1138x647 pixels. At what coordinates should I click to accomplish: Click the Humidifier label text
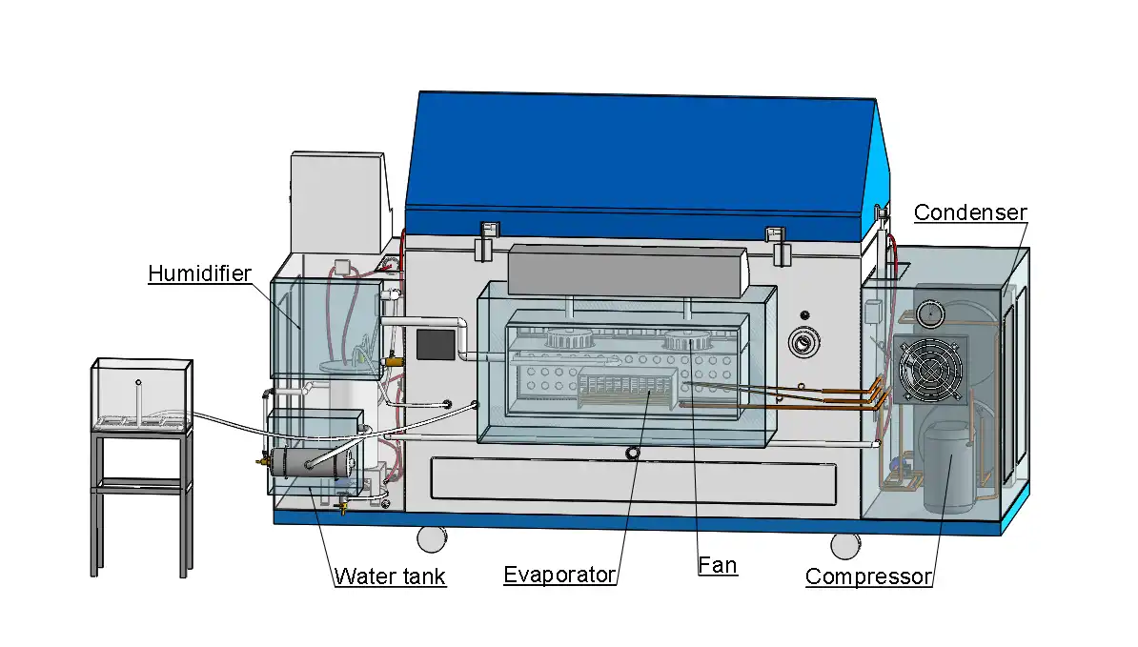coord(199,274)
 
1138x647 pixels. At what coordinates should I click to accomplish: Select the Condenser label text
coord(970,212)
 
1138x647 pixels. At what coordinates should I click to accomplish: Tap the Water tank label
coord(389,576)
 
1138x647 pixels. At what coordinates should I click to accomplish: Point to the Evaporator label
coord(559,575)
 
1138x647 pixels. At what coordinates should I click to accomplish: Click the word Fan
coord(717,565)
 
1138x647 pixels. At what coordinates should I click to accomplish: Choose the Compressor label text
coord(867,576)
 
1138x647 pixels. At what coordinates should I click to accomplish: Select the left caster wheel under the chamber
coord(431,538)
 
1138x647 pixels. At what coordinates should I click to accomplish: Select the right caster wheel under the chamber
coord(843,545)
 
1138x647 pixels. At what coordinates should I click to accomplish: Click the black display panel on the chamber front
coord(435,344)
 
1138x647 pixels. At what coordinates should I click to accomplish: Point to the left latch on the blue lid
coord(489,237)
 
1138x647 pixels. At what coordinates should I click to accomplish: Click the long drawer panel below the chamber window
coord(633,482)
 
